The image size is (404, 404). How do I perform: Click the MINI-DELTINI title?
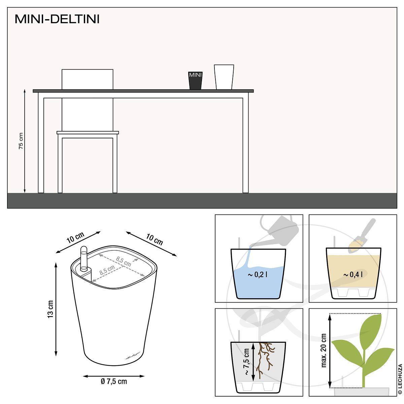(x=57, y=19)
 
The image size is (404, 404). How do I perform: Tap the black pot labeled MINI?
(x=195, y=80)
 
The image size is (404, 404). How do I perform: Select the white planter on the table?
(x=224, y=77)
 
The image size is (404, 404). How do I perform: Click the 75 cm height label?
(x=21, y=141)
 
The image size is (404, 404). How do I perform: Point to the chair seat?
(x=88, y=133)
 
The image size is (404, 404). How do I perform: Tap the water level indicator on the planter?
(x=83, y=258)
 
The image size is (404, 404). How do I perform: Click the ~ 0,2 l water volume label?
(x=258, y=274)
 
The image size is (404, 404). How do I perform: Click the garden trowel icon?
(x=362, y=236)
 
